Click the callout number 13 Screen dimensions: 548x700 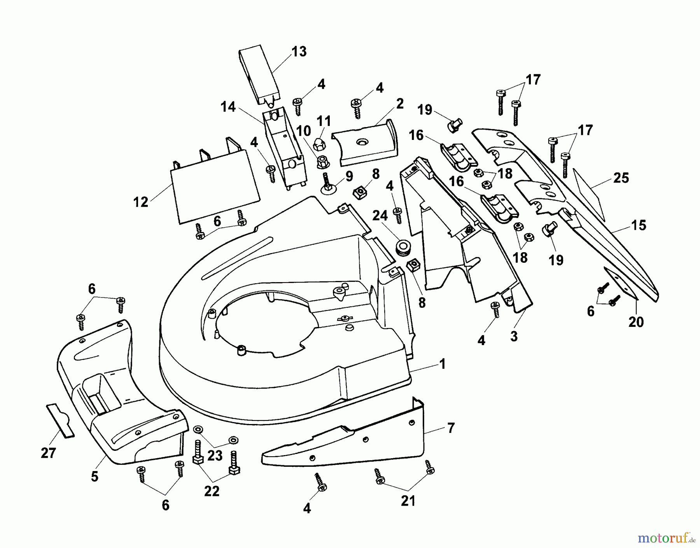point(299,52)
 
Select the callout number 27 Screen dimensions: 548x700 point(48,453)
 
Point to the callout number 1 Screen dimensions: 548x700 point(442,364)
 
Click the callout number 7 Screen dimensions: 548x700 point(451,428)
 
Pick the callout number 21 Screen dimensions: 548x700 point(408,501)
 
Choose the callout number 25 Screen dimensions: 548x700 point(621,178)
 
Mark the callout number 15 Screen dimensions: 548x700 point(639,225)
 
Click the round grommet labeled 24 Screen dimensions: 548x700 point(402,248)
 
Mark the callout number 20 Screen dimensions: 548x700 point(636,322)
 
